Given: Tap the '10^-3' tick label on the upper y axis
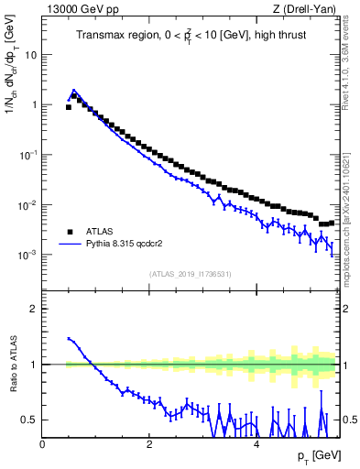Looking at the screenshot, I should [x=28, y=255].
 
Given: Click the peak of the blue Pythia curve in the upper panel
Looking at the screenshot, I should [x=74, y=91].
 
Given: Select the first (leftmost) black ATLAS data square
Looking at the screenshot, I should [x=69, y=107].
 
